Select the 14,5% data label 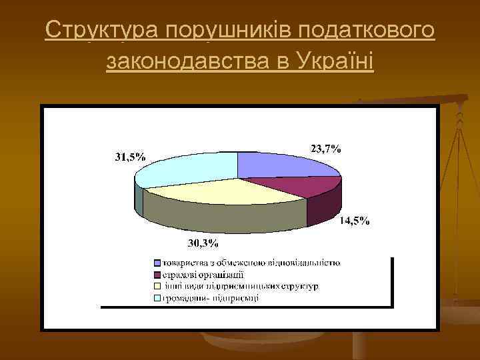click(x=355, y=221)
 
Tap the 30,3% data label click(x=204, y=243)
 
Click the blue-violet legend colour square click(x=157, y=263)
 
